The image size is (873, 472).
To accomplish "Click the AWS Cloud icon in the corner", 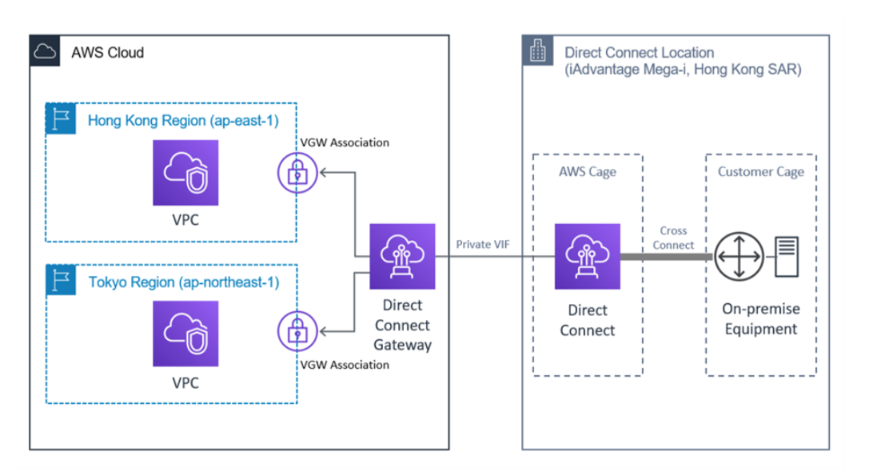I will pos(45,52).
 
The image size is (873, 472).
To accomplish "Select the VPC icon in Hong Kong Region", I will pos(185,173).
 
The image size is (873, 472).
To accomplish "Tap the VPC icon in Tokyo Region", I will pos(185,334).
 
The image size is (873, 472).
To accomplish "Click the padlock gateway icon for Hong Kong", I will pos(297,171).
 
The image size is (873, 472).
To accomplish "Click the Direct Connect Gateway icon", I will pos(402,256).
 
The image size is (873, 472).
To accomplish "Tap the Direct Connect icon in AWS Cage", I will pos(588,256).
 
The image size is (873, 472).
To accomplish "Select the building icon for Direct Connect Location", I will pos(538,53).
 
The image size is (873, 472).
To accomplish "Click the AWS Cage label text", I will pos(588,172).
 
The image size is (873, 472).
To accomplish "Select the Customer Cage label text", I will pos(760,172).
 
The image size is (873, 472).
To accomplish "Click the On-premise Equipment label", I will pos(760,318).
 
